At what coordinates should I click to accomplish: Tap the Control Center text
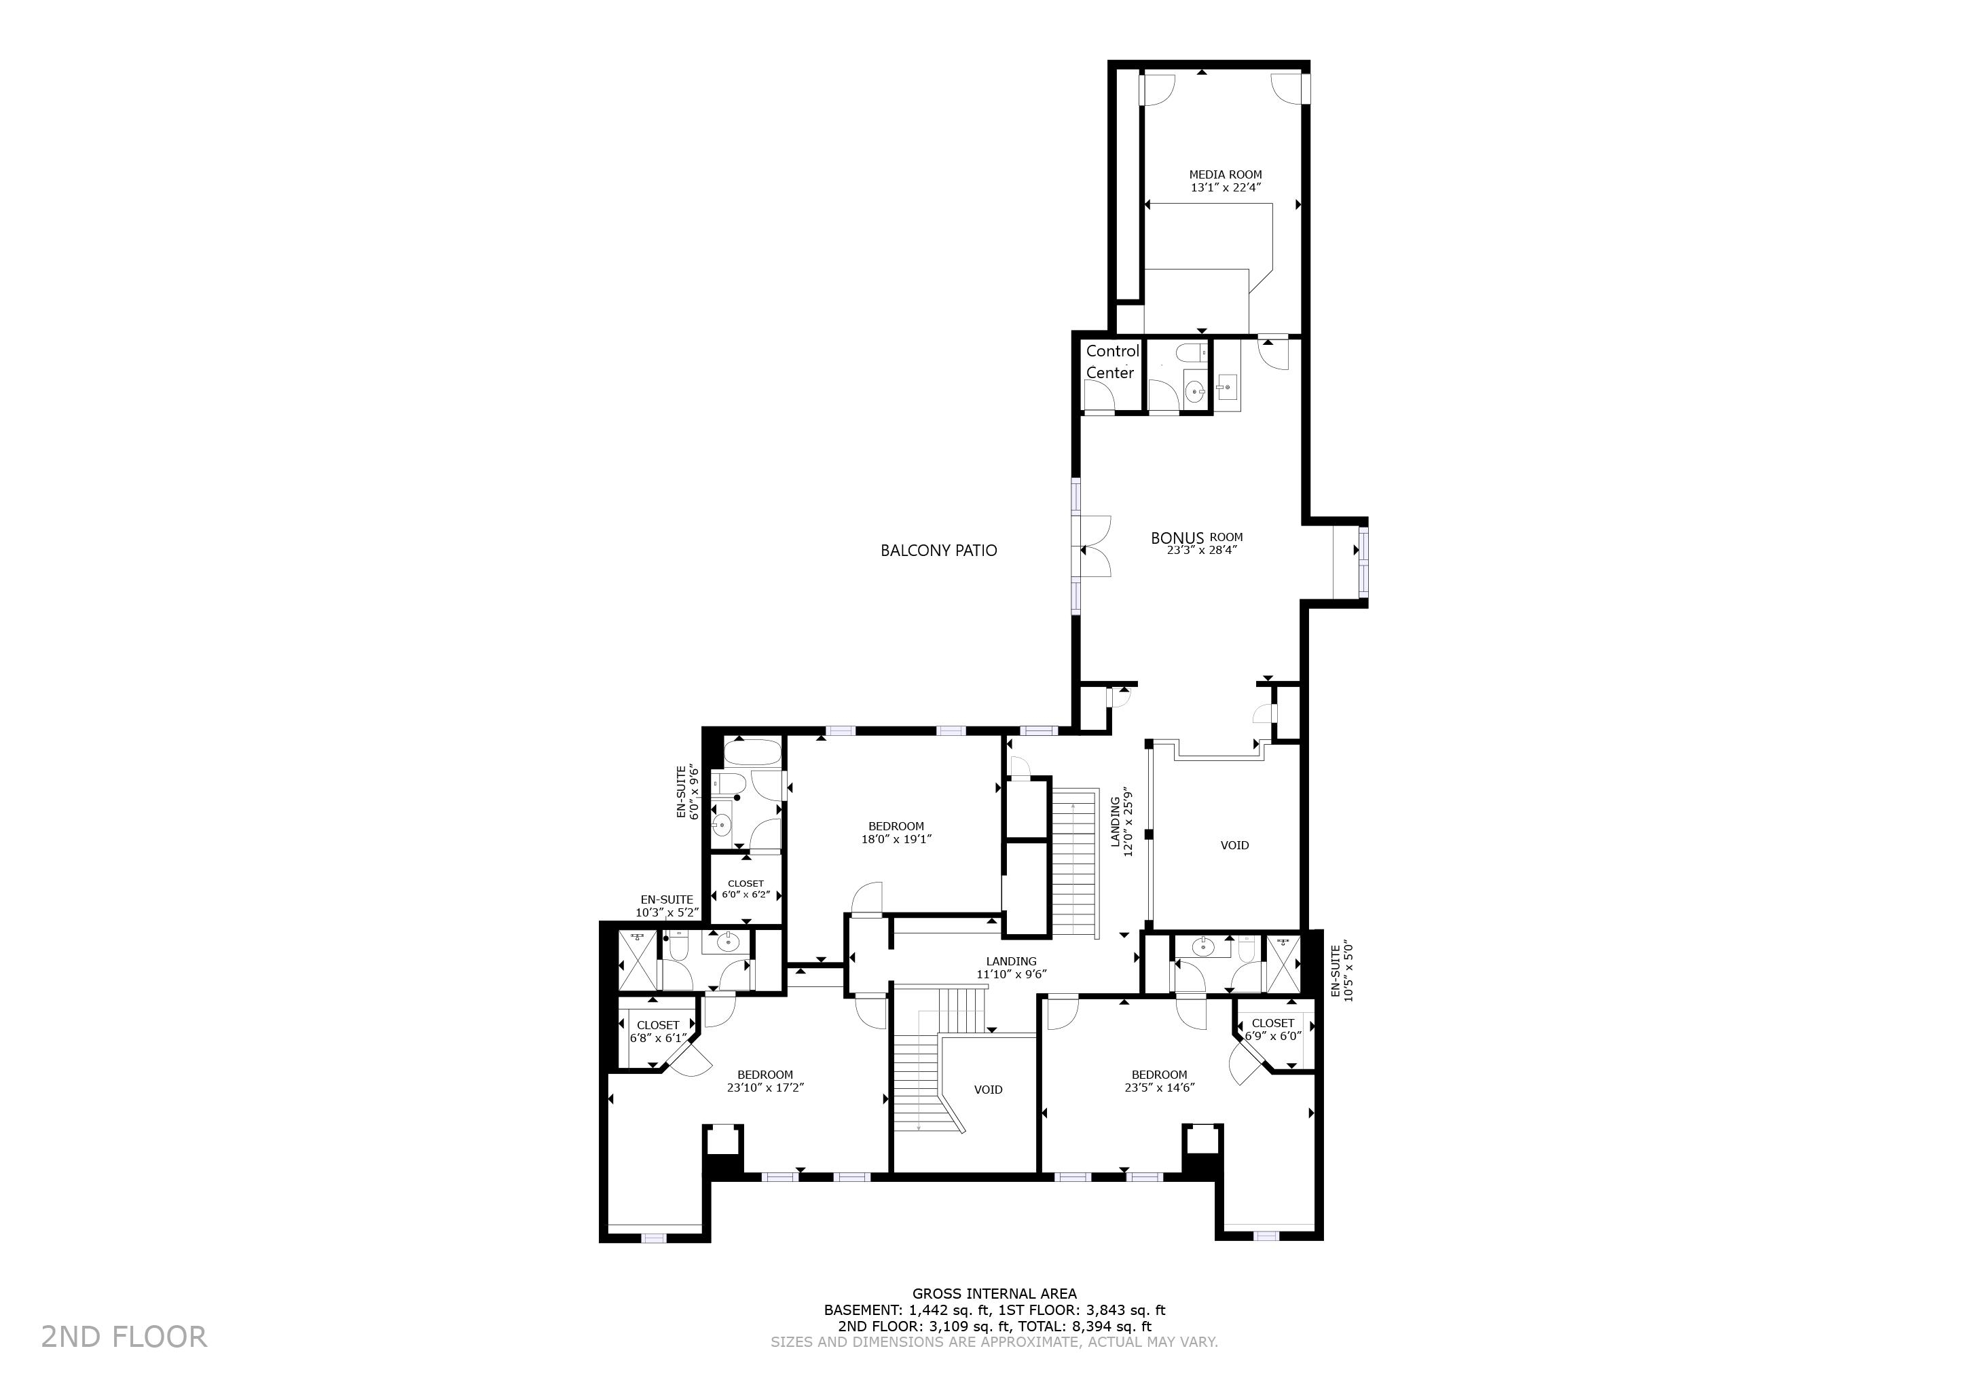(x=1112, y=361)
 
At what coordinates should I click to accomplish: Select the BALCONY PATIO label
(x=939, y=551)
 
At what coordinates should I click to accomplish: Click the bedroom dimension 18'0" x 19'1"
(x=896, y=839)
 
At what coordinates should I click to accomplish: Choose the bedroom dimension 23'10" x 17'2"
(x=765, y=1088)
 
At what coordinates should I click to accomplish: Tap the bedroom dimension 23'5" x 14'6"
(x=1159, y=1088)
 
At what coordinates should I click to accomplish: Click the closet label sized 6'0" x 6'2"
(x=746, y=889)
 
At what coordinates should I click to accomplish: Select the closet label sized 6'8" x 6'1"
(x=658, y=1032)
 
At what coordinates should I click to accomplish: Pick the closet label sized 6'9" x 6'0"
(x=1273, y=1028)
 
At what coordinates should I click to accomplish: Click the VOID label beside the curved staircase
(x=988, y=1090)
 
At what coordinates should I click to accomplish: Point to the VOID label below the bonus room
(x=1234, y=845)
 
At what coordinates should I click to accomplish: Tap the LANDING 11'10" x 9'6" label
(x=1012, y=968)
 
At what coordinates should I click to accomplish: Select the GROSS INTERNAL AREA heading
(x=995, y=1294)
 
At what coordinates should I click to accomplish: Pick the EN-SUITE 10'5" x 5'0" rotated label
(x=1342, y=973)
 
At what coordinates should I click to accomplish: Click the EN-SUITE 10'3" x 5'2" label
(x=667, y=906)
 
